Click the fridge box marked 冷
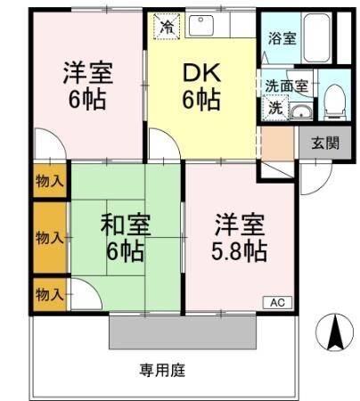(166, 26)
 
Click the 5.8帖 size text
(239, 251)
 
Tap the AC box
(277, 302)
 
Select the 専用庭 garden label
(161, 369)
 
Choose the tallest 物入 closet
(50, 237)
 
